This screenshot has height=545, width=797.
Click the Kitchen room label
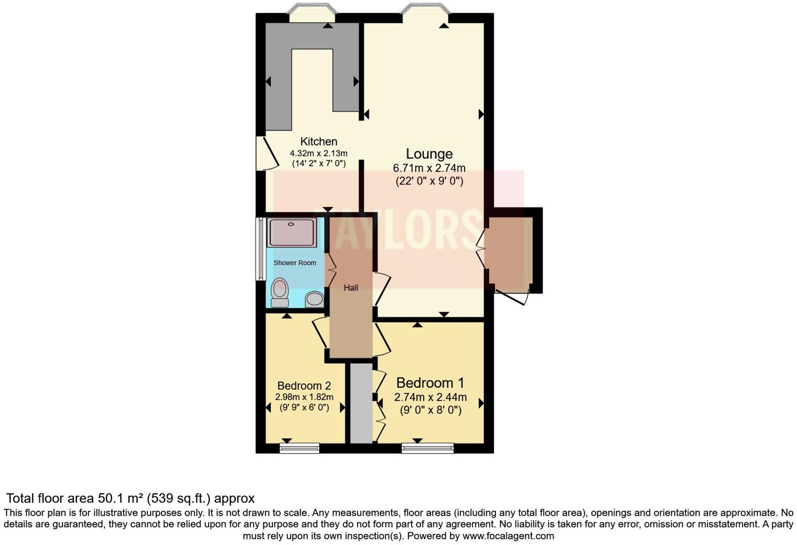point(318,141)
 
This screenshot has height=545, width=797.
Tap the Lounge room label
point(429,154)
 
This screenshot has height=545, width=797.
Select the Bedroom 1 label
point(430,383)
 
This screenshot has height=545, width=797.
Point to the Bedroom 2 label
point(304,386)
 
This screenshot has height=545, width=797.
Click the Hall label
point(351,288)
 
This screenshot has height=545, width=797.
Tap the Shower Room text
point(295,263)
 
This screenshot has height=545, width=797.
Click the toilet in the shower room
point(281,292)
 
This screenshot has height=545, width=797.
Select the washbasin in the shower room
point(314,299)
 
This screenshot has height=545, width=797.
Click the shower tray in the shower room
point(292,232)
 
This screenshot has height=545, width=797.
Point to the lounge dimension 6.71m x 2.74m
point(429,168)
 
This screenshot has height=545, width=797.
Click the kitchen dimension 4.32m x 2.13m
point(318,154)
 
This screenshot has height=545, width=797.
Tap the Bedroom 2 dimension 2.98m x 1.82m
point(304,397)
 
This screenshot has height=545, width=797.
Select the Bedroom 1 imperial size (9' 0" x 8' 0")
point(430,410)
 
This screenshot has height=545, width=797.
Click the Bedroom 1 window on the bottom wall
point(427,448)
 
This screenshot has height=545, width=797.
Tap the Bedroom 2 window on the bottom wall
point(299,448)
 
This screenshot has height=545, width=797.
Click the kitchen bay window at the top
point(312,14)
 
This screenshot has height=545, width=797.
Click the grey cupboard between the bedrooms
point(361,404)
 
